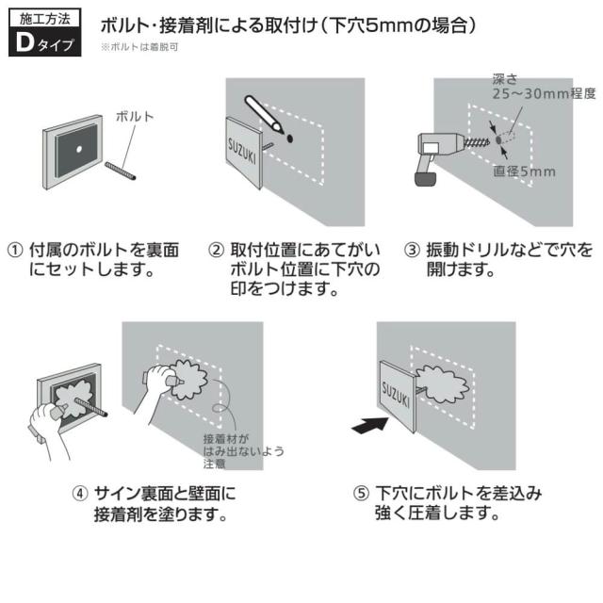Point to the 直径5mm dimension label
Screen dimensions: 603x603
click(524, 171)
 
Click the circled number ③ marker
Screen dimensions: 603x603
click(411, 251)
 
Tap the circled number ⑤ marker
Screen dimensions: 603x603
click(360, 493)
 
